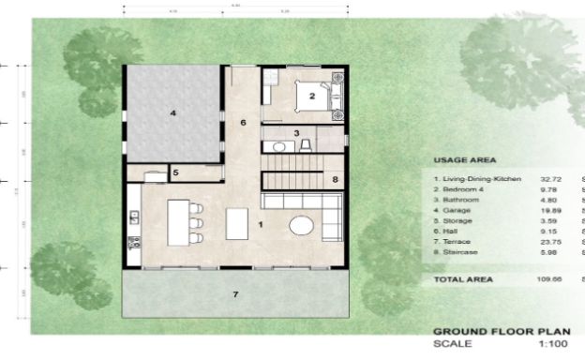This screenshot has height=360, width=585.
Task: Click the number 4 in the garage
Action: (x=172, y=113)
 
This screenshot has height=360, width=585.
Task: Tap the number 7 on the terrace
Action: (x=235, y=295)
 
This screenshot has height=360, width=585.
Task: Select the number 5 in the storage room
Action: (x=175, y=172)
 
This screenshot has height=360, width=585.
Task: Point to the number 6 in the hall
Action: (x=242, y=123)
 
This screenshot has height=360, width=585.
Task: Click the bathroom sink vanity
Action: (x=277, y=146)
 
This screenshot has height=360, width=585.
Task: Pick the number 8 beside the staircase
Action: (x=335, y=178)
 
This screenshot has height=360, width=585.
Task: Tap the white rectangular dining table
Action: (x=238, y=223)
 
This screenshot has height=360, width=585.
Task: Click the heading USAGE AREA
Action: (x=465, y=160)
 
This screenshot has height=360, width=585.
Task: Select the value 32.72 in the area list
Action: (x=548, y=178)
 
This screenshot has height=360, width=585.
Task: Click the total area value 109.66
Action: (x=548, y=279)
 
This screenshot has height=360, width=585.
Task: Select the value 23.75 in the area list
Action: (x=548, y=240)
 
